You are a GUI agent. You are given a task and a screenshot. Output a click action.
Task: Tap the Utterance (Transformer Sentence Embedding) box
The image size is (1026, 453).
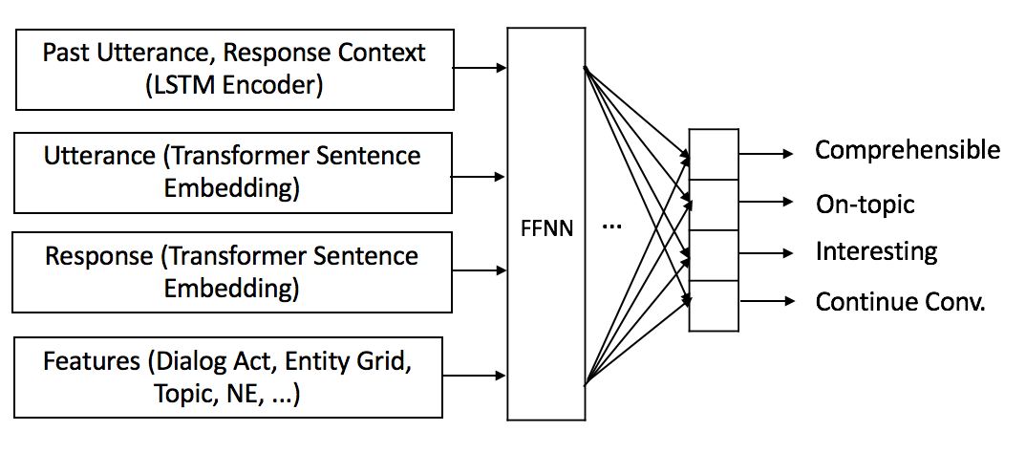tap(233, 172)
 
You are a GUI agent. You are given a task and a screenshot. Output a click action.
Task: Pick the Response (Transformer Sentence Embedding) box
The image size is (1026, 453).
tap(233, 271)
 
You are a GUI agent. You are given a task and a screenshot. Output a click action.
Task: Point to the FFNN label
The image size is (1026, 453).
tap(545, 230)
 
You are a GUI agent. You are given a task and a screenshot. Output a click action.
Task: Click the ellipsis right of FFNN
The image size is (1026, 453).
tap(613, 228)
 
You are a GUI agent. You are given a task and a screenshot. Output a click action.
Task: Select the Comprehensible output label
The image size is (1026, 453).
tap(907, 150)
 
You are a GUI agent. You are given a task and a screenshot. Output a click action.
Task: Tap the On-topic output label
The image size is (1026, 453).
tap(865, 204)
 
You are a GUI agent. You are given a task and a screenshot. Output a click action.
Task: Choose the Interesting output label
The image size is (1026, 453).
tap(875, 252)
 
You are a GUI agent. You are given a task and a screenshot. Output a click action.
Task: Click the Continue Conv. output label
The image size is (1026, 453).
tap(899, 302)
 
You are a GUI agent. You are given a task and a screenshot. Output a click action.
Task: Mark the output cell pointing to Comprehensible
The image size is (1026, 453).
tap(714, 154)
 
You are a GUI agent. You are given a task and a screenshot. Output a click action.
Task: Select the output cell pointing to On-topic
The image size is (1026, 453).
tap(714, 205)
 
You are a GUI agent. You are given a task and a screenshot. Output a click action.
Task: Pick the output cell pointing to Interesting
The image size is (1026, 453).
tap(714, 255)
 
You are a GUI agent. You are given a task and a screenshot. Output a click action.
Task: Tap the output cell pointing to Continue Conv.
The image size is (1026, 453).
tap(714, 305)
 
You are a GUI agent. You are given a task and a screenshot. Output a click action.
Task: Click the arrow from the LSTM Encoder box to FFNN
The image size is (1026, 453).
tap(480, 68)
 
